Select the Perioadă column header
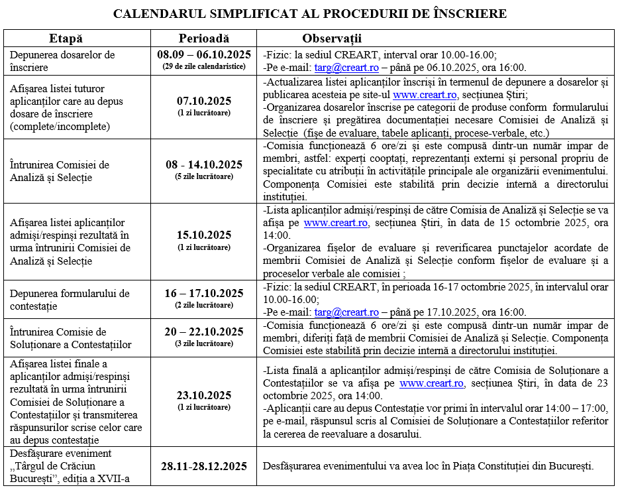point(204,38)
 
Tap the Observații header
point(332,38)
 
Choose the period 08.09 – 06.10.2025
point(204,55)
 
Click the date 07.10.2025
point(204,101)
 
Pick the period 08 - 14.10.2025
point(204,164)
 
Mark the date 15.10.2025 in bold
point(204,235)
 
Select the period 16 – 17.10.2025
point(204,293)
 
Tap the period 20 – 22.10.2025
point(204,332)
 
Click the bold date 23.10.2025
point(204,395)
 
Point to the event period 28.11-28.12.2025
point(204,465)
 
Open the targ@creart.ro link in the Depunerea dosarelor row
point(337,67)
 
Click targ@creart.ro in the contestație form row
point(346,312)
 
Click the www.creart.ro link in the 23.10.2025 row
point(431,383)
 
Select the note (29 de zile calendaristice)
point(204,66)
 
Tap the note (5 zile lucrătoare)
point(204,176)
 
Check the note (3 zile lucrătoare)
point(204,343)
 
